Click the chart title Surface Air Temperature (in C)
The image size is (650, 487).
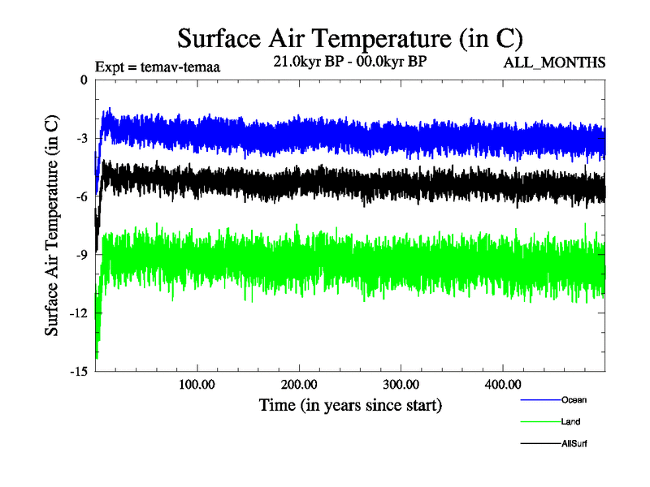[349, 38]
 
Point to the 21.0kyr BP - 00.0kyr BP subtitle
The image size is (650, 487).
[349, 61]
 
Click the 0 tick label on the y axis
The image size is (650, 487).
[83, 80]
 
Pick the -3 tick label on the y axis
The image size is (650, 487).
[80, 138]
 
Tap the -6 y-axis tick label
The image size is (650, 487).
[80, 196]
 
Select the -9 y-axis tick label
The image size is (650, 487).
[80, 255]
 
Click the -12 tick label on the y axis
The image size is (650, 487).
[78, 313]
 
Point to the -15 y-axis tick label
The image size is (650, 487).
[78, 372]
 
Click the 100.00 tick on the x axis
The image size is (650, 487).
[197, 384]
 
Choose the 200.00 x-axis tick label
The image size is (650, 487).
[300, 384]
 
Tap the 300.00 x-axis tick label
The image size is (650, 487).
[401, 384]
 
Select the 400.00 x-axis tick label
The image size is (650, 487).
[503, 384]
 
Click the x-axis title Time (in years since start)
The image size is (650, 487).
[350, 403]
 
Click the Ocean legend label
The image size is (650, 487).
[574, 399]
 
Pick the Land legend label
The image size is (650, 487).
[570, 421]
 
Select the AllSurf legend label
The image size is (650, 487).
[574, 443]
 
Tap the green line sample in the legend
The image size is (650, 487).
[539, 421]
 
